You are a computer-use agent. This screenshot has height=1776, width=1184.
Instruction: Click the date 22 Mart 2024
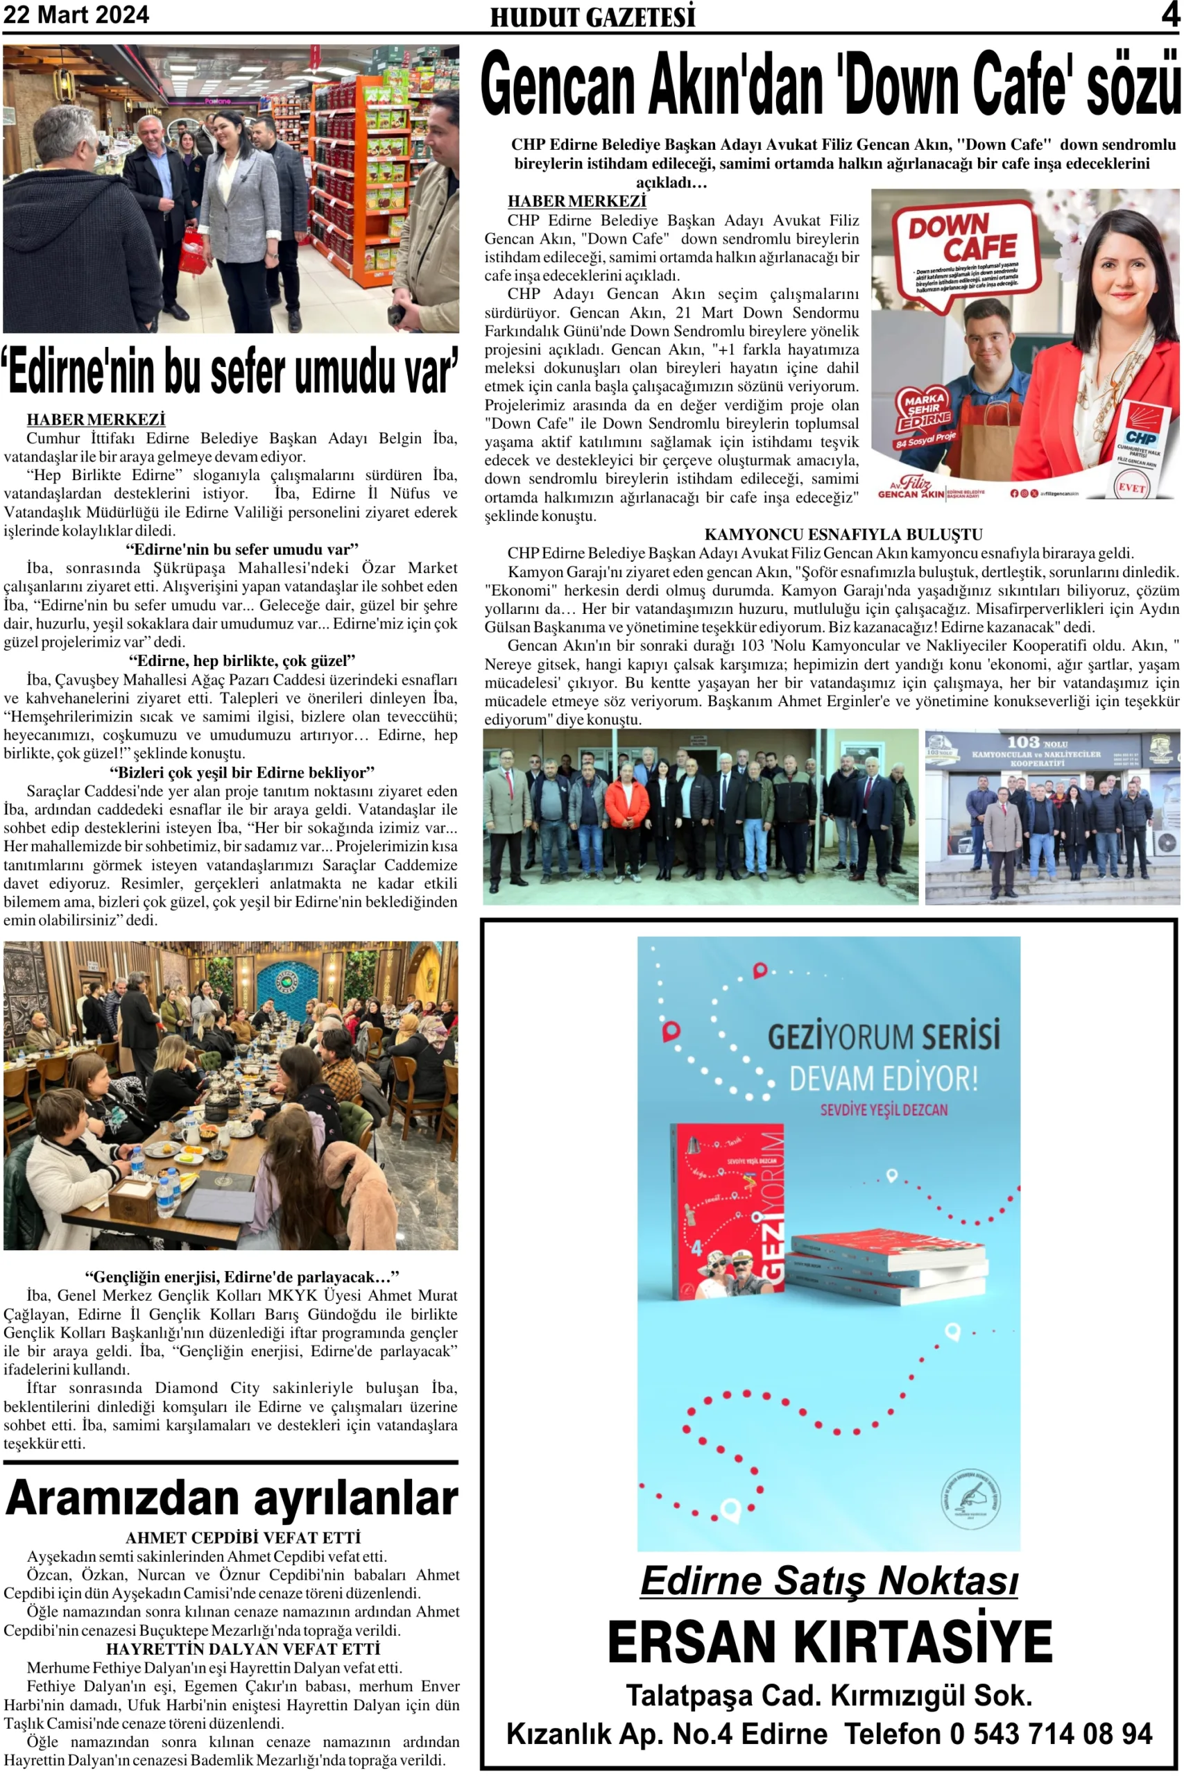pos(76,15)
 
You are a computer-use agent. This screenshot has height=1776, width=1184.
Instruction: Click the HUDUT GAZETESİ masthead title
pos(592,17)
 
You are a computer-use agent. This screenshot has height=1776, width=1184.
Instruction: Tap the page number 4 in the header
pos(1169,15)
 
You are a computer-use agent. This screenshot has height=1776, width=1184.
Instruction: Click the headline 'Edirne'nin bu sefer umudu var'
pos(230,372)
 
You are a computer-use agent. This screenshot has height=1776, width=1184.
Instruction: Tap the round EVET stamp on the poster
pos(1131,486)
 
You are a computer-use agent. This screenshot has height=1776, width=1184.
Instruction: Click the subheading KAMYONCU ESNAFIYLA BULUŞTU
pos(843,535)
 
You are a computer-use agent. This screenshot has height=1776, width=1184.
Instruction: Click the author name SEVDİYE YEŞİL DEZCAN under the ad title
pos(884,1109)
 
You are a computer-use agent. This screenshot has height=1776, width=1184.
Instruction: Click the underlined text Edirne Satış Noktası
pos(829,1580)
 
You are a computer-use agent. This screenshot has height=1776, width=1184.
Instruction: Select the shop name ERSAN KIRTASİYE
pos(829,1642)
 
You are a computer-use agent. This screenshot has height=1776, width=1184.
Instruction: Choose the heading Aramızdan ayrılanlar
pos(231,1499)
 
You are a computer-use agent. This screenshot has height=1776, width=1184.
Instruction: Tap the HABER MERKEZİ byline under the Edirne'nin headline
pos(96,420)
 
